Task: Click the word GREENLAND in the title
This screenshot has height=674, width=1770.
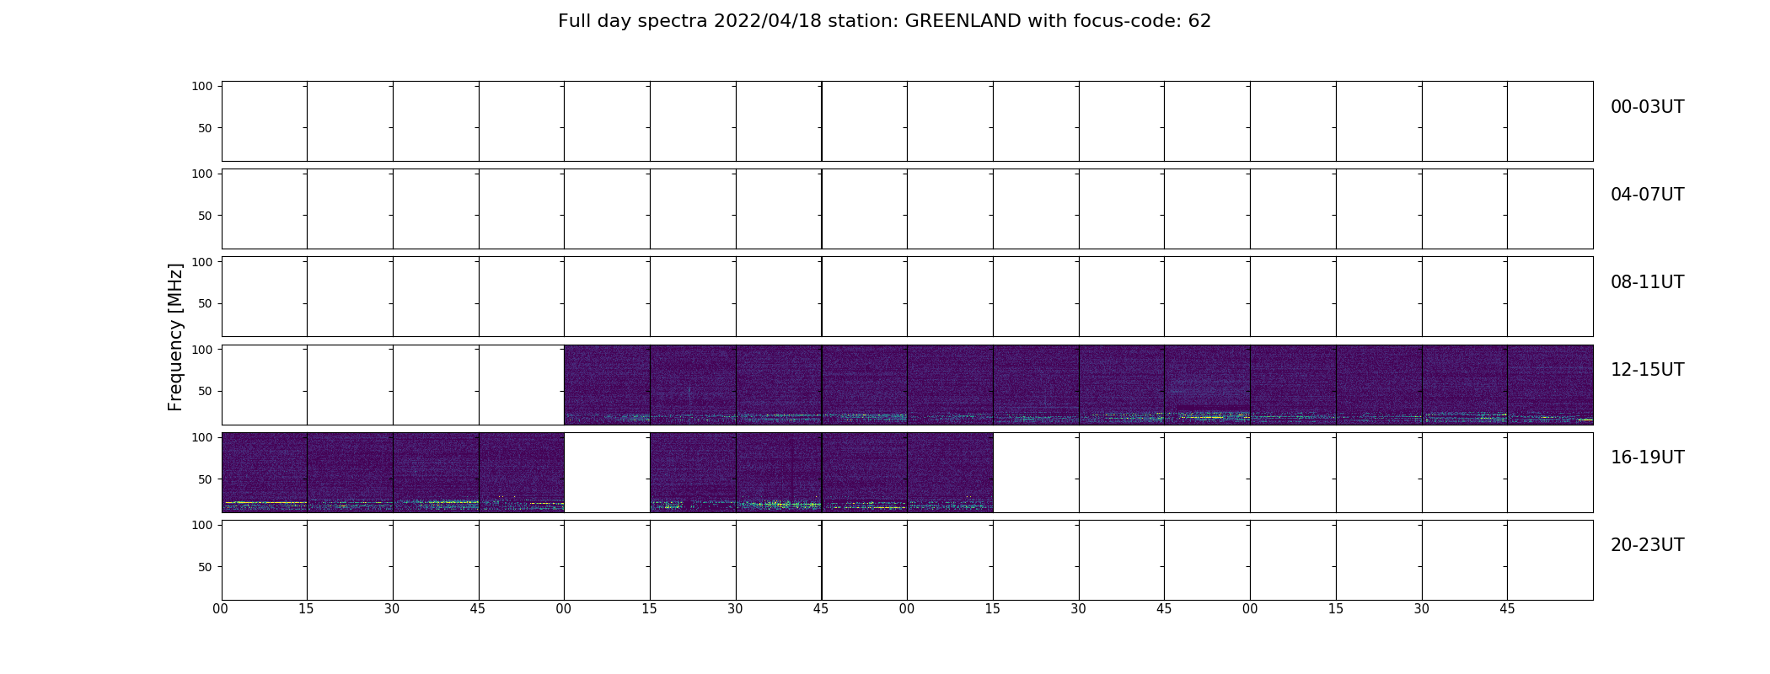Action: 963,21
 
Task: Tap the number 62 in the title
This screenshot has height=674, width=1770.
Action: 1199,21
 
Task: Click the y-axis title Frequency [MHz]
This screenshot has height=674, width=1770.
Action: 175,337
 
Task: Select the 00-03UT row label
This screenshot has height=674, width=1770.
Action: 1647,107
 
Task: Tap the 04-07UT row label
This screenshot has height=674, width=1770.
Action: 1647,195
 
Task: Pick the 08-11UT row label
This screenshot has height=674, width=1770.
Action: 1647,282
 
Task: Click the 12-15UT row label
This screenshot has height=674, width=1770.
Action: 1647,370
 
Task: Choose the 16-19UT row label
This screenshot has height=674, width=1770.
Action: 1647,457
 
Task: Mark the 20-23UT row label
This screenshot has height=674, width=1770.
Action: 1647,545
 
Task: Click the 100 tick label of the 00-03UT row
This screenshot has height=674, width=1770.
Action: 202,86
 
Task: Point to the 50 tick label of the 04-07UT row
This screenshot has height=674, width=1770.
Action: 206,216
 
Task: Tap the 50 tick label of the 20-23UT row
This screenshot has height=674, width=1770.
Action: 206,567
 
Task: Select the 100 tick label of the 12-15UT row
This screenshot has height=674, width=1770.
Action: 202,349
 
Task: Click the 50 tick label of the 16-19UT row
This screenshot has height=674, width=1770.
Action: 206,479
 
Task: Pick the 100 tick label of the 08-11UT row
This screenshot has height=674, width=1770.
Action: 202,261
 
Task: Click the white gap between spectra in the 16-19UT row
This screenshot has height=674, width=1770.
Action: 607,473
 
